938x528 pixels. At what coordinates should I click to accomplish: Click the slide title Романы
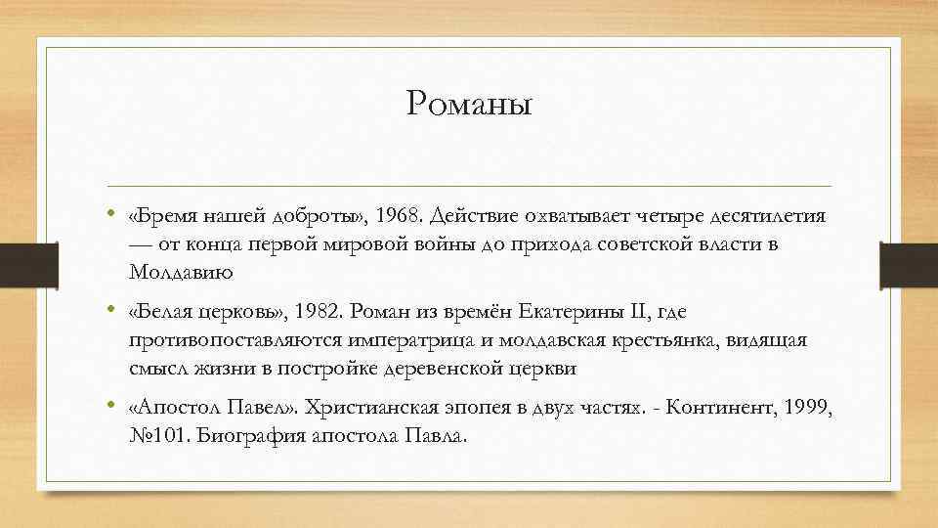point(469,103)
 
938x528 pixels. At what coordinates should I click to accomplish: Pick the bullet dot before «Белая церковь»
point(113,310)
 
